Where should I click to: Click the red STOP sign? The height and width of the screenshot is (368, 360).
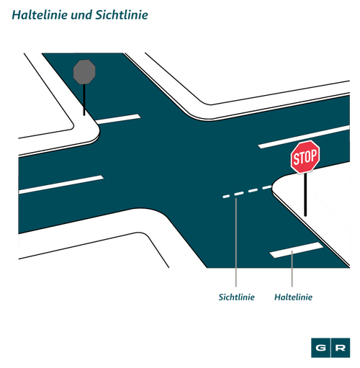305,157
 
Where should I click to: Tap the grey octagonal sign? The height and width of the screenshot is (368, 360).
84,72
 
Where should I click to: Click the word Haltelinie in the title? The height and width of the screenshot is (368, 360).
40,15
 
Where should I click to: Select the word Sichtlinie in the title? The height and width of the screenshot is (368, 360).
122,15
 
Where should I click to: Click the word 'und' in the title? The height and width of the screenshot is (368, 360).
81,15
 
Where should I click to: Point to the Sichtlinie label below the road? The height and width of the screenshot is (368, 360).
236,297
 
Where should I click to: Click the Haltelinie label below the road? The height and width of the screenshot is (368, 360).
293,297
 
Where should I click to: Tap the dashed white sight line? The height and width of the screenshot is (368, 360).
247,191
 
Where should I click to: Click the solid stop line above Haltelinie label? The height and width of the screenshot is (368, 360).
296,250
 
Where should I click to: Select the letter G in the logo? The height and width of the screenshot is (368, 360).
320,348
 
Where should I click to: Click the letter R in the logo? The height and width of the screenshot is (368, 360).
341,348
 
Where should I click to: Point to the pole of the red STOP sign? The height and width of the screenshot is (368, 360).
305,194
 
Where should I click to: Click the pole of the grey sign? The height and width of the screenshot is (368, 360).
84,99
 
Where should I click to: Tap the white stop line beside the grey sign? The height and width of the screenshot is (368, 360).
118,119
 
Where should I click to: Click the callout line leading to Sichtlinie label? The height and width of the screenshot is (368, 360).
236,243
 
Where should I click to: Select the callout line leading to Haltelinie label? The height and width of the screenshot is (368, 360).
292,269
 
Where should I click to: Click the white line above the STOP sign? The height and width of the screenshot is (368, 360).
304,137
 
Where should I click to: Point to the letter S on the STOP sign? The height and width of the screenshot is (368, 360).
296,159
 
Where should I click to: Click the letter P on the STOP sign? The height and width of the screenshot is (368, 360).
314,155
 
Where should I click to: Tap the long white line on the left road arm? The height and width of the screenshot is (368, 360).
61,184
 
